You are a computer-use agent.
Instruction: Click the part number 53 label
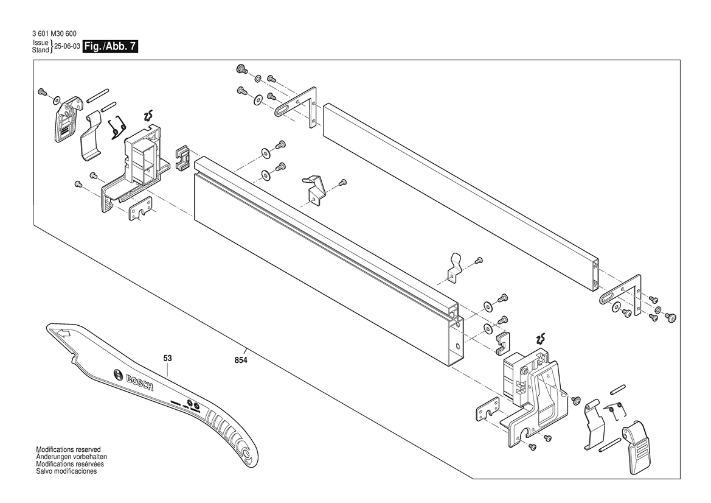pos(168,358)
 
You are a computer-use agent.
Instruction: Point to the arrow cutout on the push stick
pos(62,333)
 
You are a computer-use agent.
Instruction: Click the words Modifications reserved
pos(68,449)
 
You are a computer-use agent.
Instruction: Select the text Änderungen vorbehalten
pos(72,457)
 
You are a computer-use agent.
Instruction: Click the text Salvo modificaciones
pos(66,472)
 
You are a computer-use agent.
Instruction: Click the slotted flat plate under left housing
pos(140,210)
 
